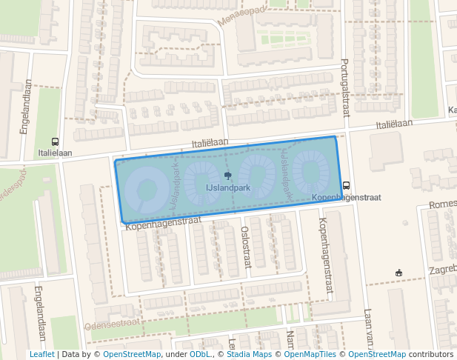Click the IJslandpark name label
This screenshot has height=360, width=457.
[x=227, y=188]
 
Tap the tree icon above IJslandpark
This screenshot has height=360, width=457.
[x=227, y=176]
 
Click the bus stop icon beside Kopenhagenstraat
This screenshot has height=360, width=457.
[x=346, y=186]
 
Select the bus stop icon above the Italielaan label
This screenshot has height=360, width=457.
[x=55, y=141]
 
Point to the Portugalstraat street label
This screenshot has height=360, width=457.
[x=344, y=87]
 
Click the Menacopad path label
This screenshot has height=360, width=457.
[x=242, y=14]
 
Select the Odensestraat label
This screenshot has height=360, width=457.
[x=113, y=324]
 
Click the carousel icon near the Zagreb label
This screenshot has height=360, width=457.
[x=399, y=273]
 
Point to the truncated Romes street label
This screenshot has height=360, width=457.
[x=443, y=204]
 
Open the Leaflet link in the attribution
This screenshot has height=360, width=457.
[x=41, y=354]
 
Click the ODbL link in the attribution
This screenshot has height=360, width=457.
[x=199, y=354]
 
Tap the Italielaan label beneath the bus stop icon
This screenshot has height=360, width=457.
[x=55, y=153]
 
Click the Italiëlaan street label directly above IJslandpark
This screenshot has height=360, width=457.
[x=208, y=141]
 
